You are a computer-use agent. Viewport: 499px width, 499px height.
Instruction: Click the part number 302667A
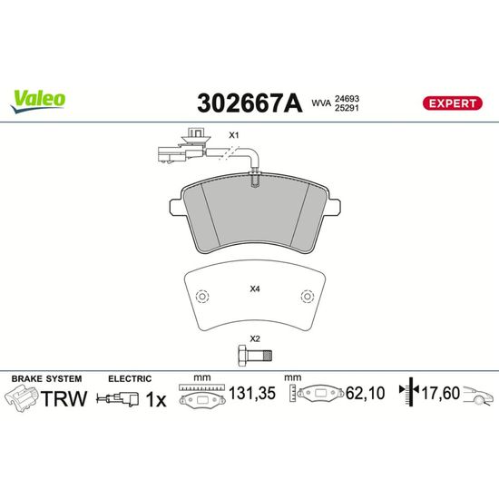pos(249,103)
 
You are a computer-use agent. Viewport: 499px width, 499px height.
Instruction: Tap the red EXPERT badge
pos(452,103)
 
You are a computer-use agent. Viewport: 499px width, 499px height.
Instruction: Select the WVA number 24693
pos(347,99)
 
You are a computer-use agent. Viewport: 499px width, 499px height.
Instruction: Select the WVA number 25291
pos(347,108)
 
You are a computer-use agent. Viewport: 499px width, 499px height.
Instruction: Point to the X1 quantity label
pos(234,135)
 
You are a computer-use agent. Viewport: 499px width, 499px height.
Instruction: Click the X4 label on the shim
pos(255,289)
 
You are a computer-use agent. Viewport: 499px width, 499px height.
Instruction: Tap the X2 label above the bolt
pos(255,339)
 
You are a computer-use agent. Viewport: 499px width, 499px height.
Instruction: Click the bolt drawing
pos(255,356)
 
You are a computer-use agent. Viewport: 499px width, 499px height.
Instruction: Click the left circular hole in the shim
pos(202,297)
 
